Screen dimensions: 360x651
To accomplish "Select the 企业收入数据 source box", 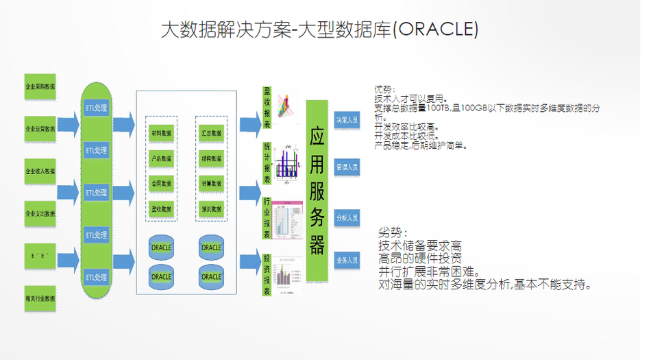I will (x=40, y=171).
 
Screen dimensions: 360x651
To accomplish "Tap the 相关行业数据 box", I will (x=40, y=298).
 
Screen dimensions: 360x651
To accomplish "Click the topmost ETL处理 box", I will (x=97, y=108).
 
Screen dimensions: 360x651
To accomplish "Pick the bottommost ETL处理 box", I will (x=97, y=277).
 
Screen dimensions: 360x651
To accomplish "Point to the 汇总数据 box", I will (x=211, y=132).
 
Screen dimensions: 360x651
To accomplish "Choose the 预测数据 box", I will (x=211, y=208).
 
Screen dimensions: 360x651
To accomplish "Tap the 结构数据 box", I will (x=211, y=158).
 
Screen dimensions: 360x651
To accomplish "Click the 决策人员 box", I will (x=347, y=119).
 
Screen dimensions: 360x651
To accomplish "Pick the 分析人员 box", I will (x=347, y=218).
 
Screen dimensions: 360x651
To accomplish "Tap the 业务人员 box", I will (x=347, y=261).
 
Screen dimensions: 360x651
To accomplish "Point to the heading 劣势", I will (x=391, y=232).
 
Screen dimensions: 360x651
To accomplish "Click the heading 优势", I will (x=384, y=90).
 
